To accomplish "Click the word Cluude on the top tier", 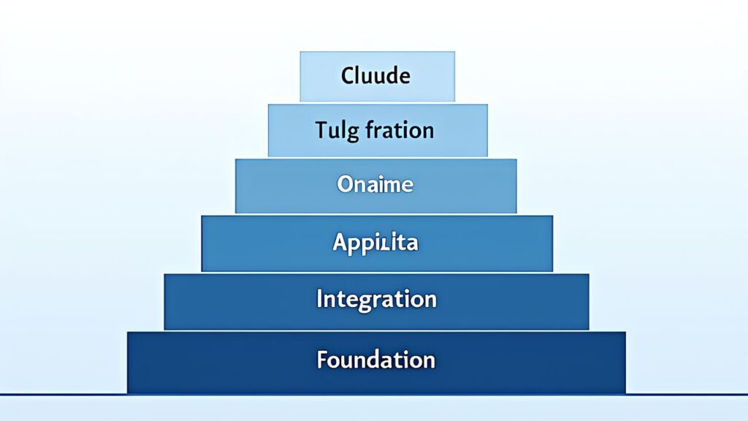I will click(x=375, y=75).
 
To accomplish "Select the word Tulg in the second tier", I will click(x=331, y=131).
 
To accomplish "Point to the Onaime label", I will click(x=375, y=184).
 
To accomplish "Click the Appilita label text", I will click(x=375, y=242).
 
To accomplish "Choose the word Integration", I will click(x=376, y=299).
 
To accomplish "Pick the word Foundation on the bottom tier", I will click(x=375, y=360).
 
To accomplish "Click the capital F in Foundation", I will click(x=321, y=360).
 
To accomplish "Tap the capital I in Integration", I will click(x=319, y=298).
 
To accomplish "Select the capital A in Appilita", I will click(x=340, y=242).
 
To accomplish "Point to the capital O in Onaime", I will click(x=345, y=184).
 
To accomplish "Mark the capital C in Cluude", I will click(x=347, y=75).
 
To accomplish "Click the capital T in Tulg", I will click(x=321, y=130).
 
